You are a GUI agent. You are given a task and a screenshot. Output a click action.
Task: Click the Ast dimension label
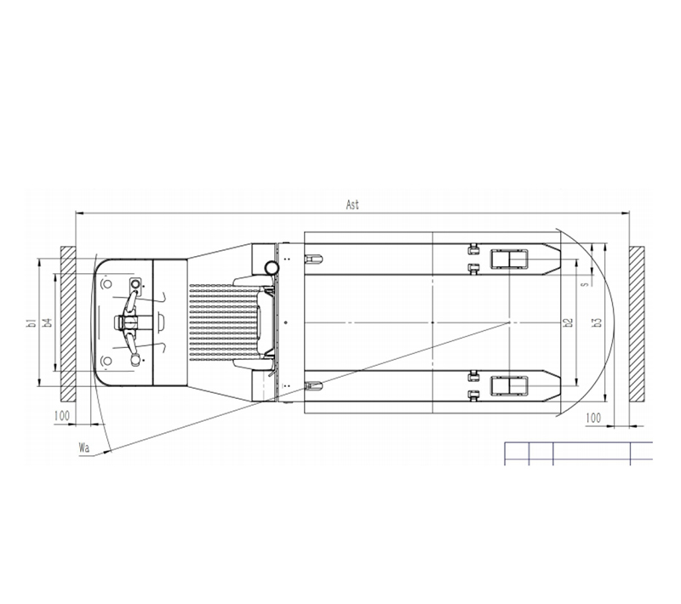click(x=352, y=204)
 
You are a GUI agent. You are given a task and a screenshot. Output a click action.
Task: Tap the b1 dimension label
click(x=31, y=322)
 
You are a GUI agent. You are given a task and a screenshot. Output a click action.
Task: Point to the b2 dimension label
click(x=568, y=322)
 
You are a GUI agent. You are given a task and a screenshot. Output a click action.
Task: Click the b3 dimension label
click(x=598, y=322)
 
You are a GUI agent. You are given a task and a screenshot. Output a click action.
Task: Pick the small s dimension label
click(x=585, y=284)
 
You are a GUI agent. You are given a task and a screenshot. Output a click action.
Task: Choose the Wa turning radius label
click(x=83, y=447)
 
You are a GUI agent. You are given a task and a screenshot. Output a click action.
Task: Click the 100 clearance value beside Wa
click(x=61, y=416)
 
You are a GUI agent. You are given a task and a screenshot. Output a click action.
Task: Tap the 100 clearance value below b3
click(x=593, y=418)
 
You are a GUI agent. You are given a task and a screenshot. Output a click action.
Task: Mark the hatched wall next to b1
click(x=68, y=324)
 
